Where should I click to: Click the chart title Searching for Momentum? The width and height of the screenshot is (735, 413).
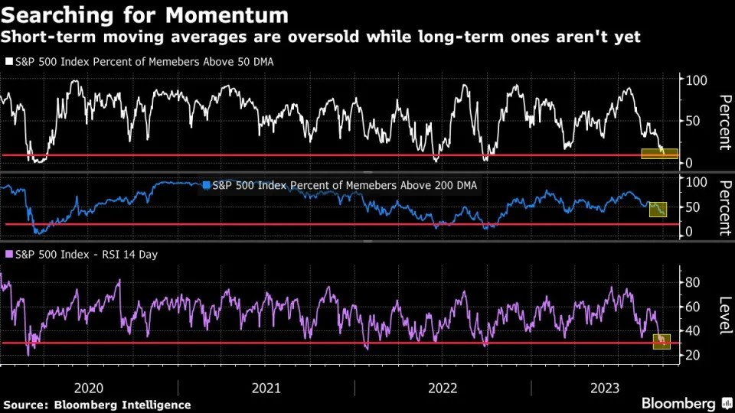pyautogui.click(x=145, y=15)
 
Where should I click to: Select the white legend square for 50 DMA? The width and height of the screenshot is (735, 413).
pyautogui.click(x=8, y=62)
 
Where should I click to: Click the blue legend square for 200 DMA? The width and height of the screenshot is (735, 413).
pyautogui.click(x=207, y=184)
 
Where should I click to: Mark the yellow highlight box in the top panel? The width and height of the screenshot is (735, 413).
pyautogui.click(x=659, y=153)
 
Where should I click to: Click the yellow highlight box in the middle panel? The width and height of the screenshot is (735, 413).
pyautogui.click(x=658, y=209)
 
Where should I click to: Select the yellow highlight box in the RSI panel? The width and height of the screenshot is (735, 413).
pyautogui.click(x=661, y=342)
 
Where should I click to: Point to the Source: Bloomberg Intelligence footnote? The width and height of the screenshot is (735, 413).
pyautogui.click(x=97, y=405)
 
